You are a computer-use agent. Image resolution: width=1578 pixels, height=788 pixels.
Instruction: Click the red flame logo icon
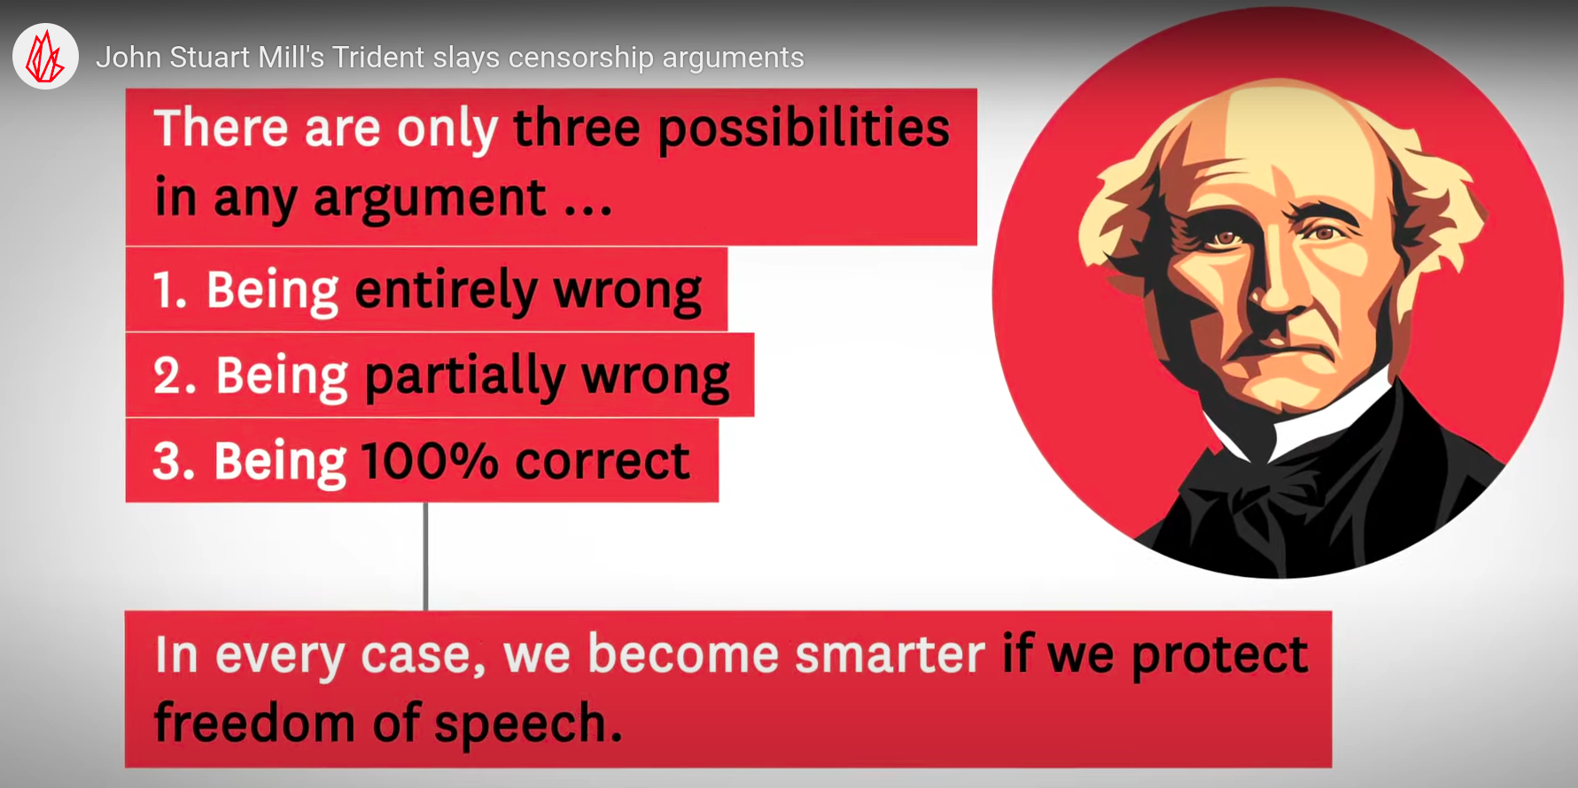pyautogui.click(x=45, y=57)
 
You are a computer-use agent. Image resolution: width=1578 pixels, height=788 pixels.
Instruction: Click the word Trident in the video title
pyautogui.click(x=378, y=58)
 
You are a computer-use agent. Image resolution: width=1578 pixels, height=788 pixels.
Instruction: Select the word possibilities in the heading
pyautogui.click(x=804, y=129)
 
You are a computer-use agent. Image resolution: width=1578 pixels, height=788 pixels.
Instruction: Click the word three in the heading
pyautogui.click(x=577, y=128)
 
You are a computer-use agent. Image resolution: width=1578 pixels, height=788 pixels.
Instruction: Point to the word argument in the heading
pyautogui.click(x=430, y=199)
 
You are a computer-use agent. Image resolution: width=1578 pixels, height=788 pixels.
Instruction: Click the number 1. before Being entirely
pyautogui.click(x=170, y=290)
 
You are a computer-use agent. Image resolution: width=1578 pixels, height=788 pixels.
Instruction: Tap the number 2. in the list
pyautogui.click(x=175, y=376)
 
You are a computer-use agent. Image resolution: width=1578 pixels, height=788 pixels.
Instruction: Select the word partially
pyautogui.click(x=465, y=377)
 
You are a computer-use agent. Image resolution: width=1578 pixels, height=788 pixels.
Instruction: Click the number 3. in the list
pyautogui.click(x=174, y=462)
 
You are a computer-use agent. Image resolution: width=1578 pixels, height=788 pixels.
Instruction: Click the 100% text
pyautogui.click(x=430, y=461)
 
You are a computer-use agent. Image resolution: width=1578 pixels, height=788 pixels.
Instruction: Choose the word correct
pyautogui.click(x=602, y=462)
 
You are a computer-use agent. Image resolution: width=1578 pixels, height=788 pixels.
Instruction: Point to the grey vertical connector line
pyautogui.click(x=425, y=557)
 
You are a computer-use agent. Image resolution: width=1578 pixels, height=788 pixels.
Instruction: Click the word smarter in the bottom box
pyautogui.click(x=890, y=655)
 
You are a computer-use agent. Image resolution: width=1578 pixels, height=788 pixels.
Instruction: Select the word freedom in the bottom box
pyautogui.click(x=254, y=722)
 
